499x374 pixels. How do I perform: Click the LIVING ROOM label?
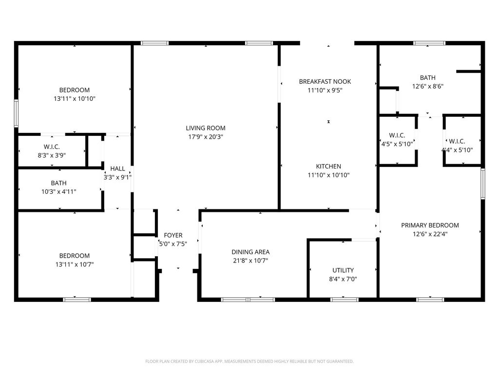tap(206, 128)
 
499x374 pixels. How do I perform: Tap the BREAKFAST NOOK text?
tap(325, 82)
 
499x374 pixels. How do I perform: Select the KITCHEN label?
tap(328, 167)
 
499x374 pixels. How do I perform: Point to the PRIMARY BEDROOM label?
tap(430, 225)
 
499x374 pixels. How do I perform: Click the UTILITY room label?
tap(343, 270)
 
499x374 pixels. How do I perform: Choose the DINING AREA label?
tap(250, 252)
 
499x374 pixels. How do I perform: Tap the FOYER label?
tap(173, 235)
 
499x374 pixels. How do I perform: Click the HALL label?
tap(117, 169)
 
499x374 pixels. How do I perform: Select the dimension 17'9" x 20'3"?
tap(206, 137)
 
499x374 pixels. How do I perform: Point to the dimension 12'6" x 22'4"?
tap(430, 234)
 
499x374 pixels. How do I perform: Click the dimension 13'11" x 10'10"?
tap(75, 99)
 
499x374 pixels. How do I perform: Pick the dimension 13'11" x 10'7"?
tap(75, 264)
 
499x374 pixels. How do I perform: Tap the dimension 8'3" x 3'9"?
tap(52, 155)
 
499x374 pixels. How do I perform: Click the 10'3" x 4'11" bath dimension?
tap(59, 192)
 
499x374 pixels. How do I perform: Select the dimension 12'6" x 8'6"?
tap(428, 87)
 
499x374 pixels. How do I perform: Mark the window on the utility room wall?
tap(345, 299)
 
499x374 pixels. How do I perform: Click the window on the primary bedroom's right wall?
tap(483, 184)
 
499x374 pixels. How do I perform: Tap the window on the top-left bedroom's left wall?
tap(16, 113)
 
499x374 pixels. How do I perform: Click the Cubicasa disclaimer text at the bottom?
tap(249, 362)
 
